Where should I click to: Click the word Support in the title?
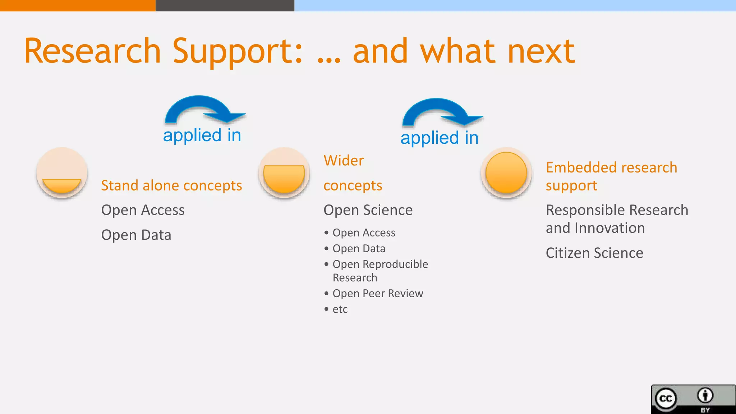(237, 51)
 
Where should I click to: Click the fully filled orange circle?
(506, 173)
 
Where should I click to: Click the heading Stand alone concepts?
(171, 185)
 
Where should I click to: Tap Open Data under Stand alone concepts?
(136, 235)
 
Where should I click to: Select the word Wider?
(344, 161)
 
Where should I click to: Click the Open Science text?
(368, 210)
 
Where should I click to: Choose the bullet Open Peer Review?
(377, 294)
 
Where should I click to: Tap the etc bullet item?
(340, 309)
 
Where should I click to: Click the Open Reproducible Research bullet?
(380, 271)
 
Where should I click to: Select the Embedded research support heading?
(611, 176)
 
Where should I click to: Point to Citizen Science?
(594, 253)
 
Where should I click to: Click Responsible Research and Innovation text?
(617, 219)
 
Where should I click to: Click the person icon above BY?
(705, 395)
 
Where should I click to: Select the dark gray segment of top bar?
(225, 5)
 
